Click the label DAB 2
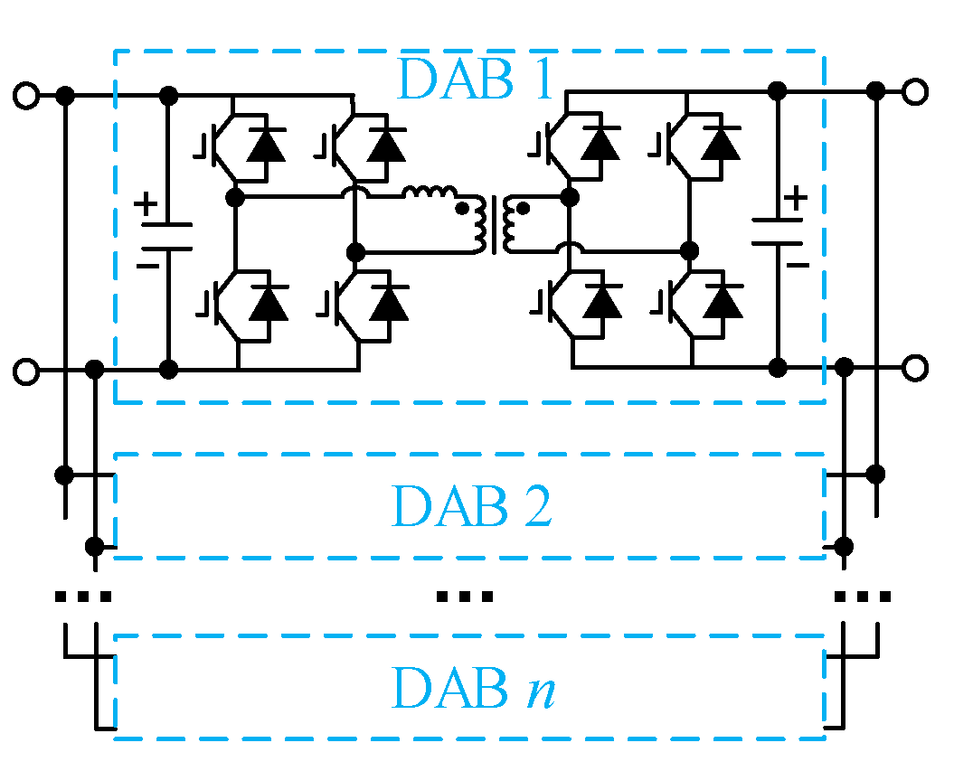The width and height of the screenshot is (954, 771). (x=472, y=506)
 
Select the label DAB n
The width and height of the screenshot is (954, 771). (x=472, y=689)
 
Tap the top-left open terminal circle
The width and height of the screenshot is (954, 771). (x=27, y=95)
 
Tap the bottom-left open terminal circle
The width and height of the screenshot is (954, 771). (x=27, y=370)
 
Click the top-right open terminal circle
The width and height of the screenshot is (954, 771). (x=915, y=90)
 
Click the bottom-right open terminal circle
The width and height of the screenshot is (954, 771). (x=915, y=367)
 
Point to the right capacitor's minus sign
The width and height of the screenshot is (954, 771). (x=796, y=264)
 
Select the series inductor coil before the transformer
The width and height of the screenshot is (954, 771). (x=430, y=194)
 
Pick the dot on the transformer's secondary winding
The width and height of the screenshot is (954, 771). (x=522, y=209)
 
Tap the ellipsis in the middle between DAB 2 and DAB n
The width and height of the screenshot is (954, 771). (x=465, y=597)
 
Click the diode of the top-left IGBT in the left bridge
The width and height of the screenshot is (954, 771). (x=266, y=142)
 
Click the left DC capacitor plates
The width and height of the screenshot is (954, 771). (x=167, y=236)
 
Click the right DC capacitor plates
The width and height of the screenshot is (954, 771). (x=777, y=230)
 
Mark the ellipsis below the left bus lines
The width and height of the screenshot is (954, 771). (x=83, y=597)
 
